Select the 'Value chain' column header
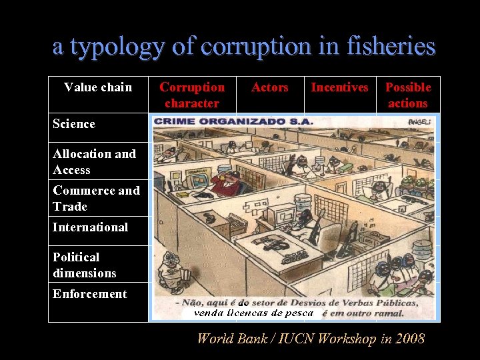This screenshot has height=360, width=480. click(98, 87)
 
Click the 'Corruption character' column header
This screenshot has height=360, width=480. click(192, 95)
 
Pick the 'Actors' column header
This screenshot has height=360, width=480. click(269, 87)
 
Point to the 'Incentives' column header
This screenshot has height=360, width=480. click(339, 87)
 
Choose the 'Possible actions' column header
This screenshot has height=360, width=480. click(408, 95)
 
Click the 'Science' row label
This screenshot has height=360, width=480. click(74, 124)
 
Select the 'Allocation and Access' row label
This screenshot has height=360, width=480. click(94, 162)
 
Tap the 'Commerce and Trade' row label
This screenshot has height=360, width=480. click(96, 199)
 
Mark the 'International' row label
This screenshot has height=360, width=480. click(90, 227)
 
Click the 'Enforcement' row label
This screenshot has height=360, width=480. click(89, 294)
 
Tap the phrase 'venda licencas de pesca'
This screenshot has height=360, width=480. click(253, 312)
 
